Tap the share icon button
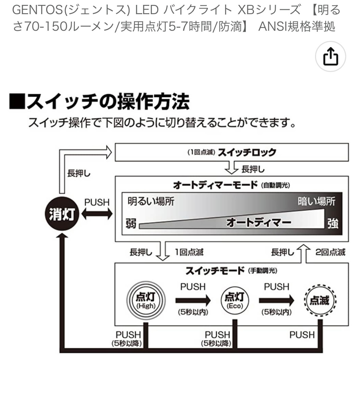[330, 57]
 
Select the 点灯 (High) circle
[146, 300]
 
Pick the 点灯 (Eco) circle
[234, 300]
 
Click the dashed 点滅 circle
[320, 300]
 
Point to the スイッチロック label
[247, 152]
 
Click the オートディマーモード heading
[215, 185]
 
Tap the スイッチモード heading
[215, 271]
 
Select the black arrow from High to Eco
[193, 300]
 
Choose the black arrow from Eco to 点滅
[276, 300]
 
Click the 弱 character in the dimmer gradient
[131, 224]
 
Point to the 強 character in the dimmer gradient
[333, 224]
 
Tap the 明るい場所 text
[151, 201]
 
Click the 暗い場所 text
[316, 201]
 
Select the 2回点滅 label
[330, 252]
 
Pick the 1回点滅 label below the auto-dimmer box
[189, 252]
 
